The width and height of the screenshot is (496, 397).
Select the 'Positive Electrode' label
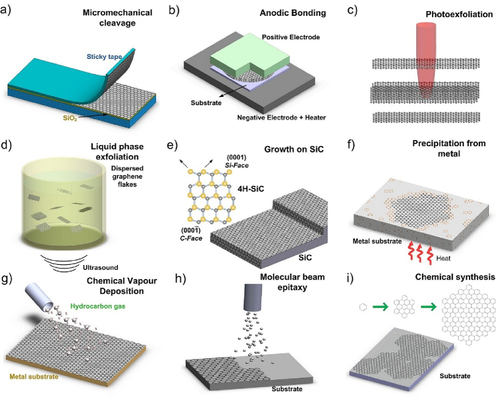(x=291, y=38)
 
